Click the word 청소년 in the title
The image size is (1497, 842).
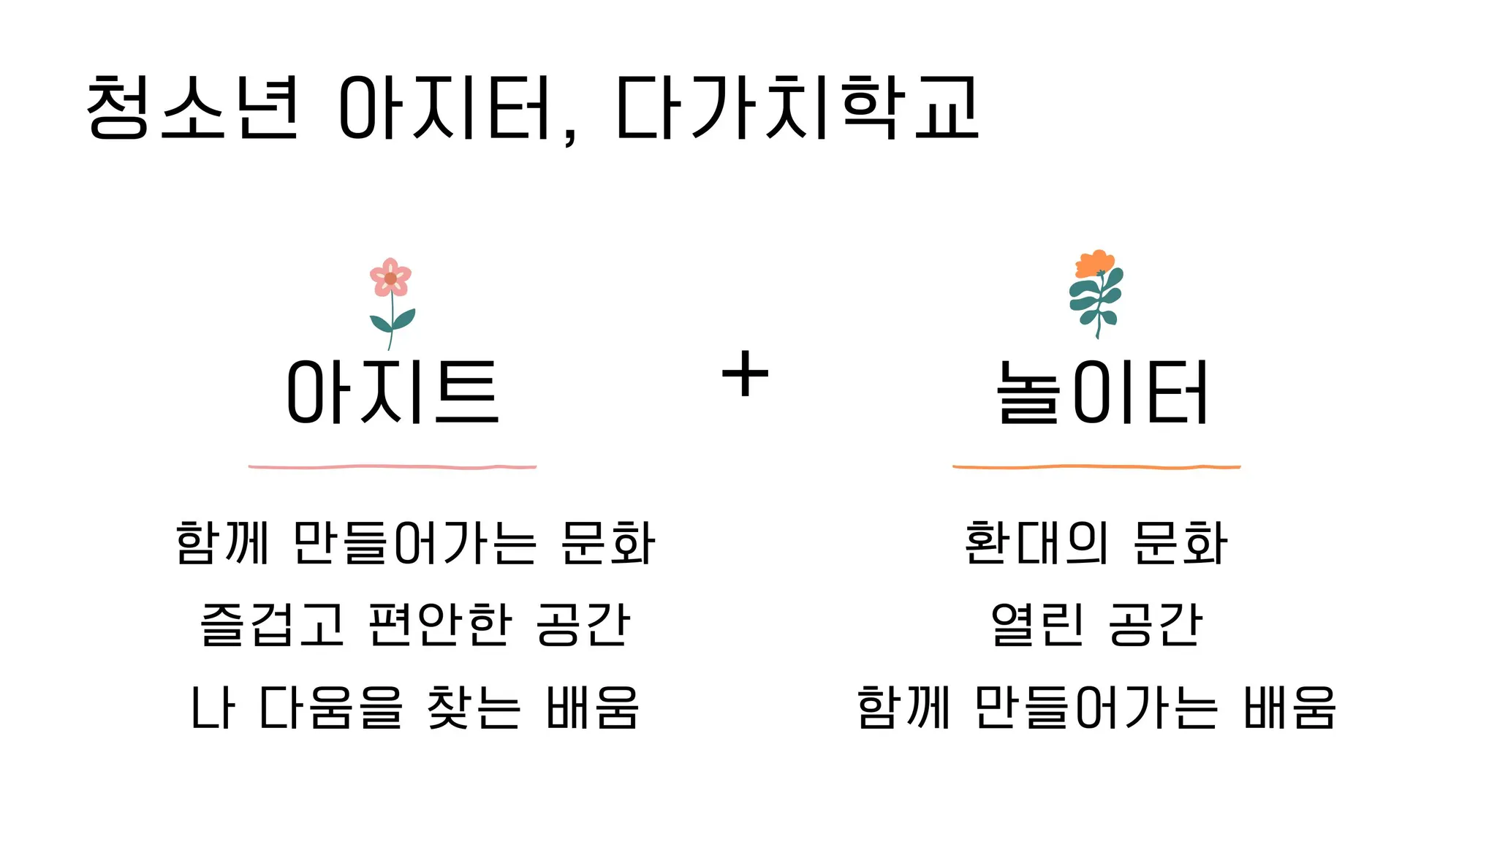click(x=192, y=108)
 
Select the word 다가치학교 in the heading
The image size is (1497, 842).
click(x=797, y=108)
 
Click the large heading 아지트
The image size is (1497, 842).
click(x=393, y=392)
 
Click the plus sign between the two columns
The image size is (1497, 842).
click(x=745, y=373)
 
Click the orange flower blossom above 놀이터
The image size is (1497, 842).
click(x=1094, y=263)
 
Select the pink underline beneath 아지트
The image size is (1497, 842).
click(x=393, y=466)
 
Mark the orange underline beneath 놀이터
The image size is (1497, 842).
click(x=1096, y=466)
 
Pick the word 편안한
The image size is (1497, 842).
click(x=439, y=625)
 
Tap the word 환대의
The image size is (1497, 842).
click(x=1036, y=543)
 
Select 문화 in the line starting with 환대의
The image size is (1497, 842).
click(x=1180, y=543)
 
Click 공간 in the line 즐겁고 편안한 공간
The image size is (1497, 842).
click(x=583, y=625)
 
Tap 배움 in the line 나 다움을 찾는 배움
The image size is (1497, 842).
click(x=593, y=708)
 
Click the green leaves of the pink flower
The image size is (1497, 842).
click(x=393, y=320)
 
